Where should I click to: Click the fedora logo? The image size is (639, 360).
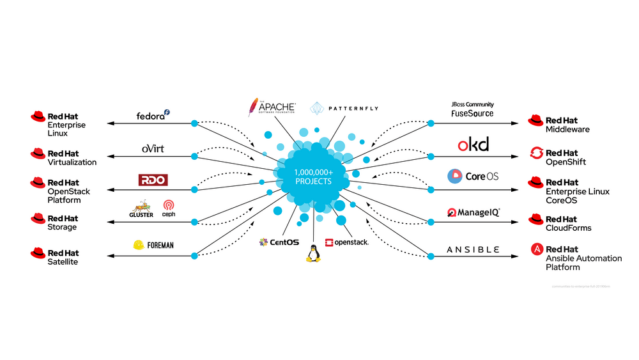(x=153, y=116)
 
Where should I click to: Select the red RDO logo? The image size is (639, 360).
(x=153, y=180)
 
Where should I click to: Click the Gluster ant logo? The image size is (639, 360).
(x=142, y=209)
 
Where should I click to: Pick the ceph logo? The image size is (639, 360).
(x=169, y=208)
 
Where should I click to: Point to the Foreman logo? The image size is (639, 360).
(x=153, y=245)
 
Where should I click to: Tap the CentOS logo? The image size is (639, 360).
(x=275, y=242)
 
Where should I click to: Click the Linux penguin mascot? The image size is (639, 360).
(x=312, y=254)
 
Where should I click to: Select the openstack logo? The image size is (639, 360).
(x=346, y=242)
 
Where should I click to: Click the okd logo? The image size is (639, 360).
(x=473, y=145)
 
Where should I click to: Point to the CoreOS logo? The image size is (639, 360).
(x=473, y=176)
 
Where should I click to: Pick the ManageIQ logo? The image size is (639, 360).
(x=473, y=212)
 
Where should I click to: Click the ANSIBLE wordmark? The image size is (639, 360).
(x=473, y=249)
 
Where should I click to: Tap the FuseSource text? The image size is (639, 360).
(x=472, y=113)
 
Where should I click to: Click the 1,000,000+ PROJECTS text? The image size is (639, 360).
(x=313, y=177)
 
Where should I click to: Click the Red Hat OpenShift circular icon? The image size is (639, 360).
(x=536, y=153)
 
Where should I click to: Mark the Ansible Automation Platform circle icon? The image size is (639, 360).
(x=536, y=249)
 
